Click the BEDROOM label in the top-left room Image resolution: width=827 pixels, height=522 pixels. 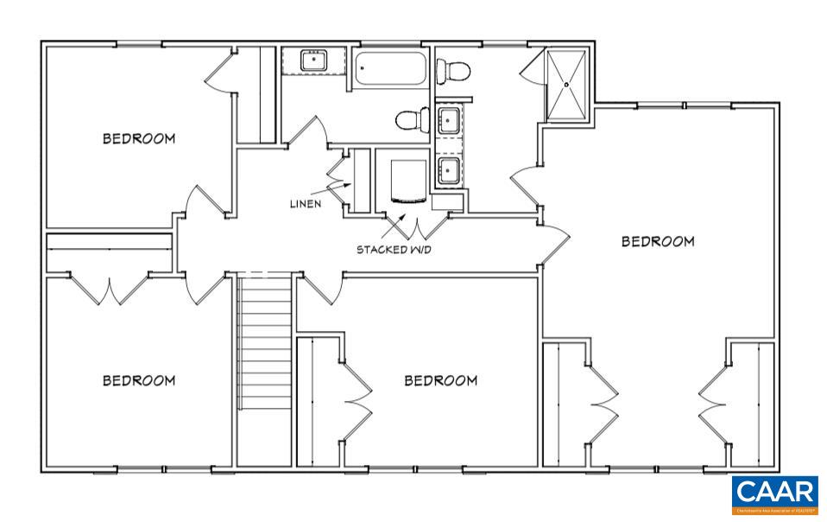click(139, 138)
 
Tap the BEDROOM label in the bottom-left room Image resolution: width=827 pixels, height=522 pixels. click(139, 380)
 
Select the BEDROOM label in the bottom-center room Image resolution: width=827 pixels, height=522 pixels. click(441, 380)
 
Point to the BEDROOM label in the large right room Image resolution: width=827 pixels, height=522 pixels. click(658, 241)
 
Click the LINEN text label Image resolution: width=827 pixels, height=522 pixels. click(306, 204)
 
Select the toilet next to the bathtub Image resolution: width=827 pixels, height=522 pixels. click(413, 118)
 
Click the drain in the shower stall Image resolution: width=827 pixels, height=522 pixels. click(567, 85)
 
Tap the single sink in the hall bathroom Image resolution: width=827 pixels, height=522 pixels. click(313, 61)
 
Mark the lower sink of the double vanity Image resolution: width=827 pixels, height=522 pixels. click(449, 169)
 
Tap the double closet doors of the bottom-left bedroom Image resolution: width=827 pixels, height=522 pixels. click(110, 290)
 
